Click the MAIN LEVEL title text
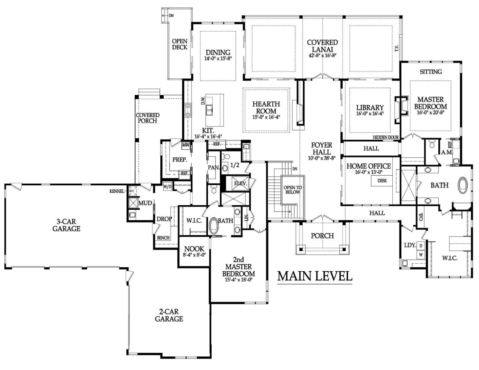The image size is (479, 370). [x=315, y=276]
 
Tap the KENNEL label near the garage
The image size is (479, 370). [x=116, y=191]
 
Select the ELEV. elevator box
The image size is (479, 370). [x=241, y=183]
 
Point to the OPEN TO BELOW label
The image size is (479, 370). [x=292, y=190]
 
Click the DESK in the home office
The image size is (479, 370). [x=382, y=181]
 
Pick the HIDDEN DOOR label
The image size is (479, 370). [x=385, y=137]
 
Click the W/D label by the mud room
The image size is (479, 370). [x=167, y=187]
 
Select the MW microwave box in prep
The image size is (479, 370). [x=186, y=145]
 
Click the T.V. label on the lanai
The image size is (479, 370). [x=397, y=48]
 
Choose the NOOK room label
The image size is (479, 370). [x=194, y=249]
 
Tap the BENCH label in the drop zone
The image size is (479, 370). [x=163, y=238]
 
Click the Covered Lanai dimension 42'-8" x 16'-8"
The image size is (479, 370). [x=322, y=55]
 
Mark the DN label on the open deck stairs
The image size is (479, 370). [x=171, y=16]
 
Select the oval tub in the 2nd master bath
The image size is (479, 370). [x=213, y=226]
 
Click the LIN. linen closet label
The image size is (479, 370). [x=247, y=217]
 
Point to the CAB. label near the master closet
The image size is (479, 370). [x=421, y=217]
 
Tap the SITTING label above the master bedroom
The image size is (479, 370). [x=431, y=71]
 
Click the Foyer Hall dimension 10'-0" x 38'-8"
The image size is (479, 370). [x=322, y=158]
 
